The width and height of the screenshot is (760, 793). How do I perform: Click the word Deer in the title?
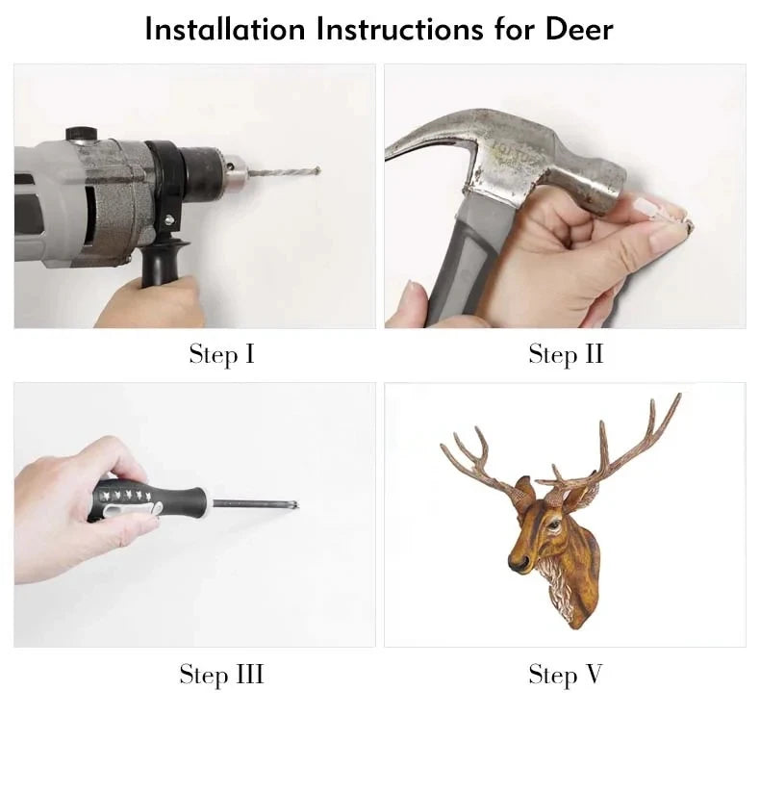tap(579, 29)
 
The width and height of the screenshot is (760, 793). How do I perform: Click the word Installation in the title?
tap(225, 29)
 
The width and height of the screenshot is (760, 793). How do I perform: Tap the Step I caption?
tap(222, 354)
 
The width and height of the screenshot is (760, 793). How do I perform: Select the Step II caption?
tap(566, 354)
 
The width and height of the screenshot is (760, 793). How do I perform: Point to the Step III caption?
tap(222, 675)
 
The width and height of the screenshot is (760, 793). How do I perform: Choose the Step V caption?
tap(566, 675)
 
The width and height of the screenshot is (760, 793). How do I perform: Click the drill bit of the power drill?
tap(283, 172)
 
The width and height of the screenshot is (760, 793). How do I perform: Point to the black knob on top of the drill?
tap(82, 134)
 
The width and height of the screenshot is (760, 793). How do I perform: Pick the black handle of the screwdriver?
tap(146, 500)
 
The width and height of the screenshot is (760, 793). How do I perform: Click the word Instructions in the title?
tap(400, 29)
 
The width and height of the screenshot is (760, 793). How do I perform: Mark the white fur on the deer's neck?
tap(559, 587)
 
